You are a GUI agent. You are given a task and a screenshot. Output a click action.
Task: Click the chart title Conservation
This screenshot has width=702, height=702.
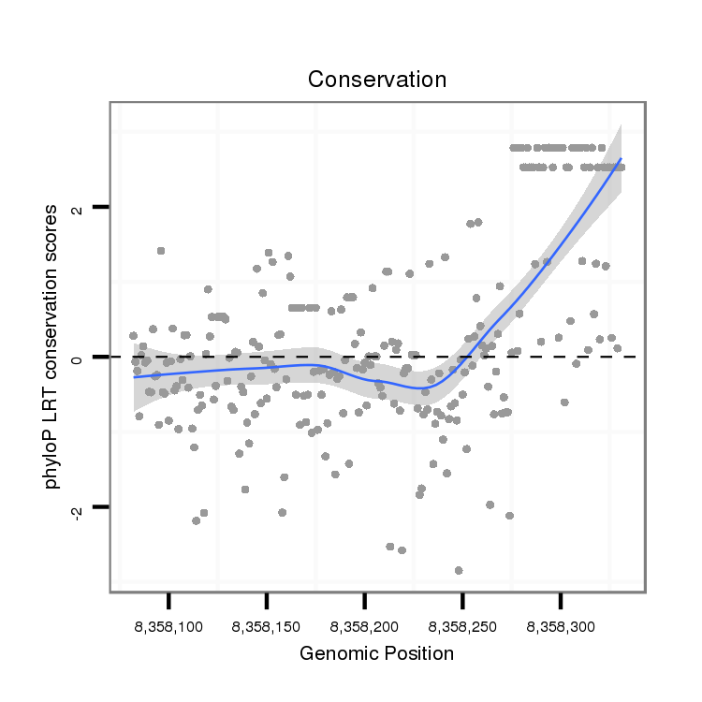(x=377, y=80)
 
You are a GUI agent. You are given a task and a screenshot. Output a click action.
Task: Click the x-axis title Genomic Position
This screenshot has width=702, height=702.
(x=376, y=654)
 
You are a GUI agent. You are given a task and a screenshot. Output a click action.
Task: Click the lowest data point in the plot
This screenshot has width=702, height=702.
(x=459, y=570)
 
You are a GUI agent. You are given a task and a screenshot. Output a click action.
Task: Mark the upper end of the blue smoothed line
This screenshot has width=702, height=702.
(x=621, y=159)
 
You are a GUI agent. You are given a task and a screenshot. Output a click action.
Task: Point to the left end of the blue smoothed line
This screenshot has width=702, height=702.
(x=135, y=376)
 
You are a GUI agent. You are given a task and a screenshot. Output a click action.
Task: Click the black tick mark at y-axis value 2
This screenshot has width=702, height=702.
(x=101, y=206)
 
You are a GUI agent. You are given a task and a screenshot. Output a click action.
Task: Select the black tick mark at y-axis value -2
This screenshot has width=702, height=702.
(x=101, y=507)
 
